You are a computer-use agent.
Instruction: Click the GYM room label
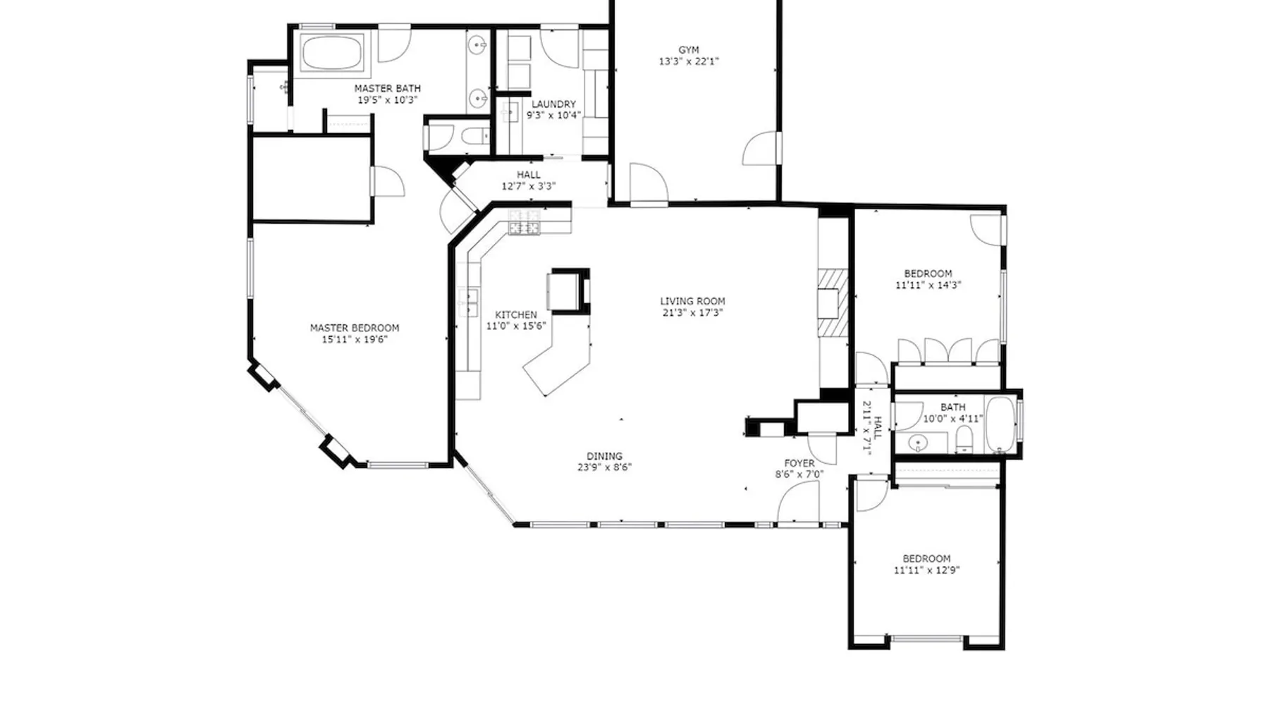point(689,50)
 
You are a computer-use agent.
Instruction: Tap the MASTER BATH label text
point(387,88)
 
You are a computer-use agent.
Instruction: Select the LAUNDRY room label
point(553,104)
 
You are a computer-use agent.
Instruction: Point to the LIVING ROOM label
point(692,301)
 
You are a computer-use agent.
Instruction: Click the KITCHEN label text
point(516,314)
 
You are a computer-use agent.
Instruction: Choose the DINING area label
point(604,456)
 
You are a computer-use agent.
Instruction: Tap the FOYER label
point(799,463)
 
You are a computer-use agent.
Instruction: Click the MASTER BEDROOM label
point(355,328)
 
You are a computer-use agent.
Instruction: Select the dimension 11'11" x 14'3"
point(928,286)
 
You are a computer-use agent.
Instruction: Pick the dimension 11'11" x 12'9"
point(926,570)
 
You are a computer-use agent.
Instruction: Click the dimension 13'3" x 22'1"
point(689,61)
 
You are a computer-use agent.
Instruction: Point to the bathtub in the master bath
point(332,52)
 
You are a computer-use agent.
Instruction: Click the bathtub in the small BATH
point(1000,424)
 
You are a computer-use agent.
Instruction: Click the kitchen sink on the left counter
point(467,302)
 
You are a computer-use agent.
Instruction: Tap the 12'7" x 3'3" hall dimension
point(529,186)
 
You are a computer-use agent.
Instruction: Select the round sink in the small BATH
point(917,443)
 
